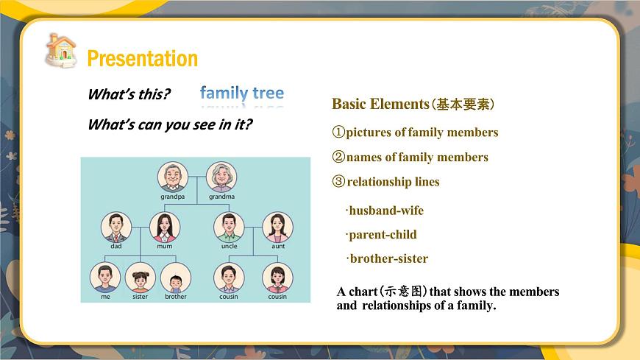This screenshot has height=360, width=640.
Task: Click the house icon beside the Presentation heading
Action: pyautogui.click(x=60, y=50)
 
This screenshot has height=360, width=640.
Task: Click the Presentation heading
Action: pyautogui.click(x=142, y=59)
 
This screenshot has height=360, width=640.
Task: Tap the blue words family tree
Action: pyautogui.click(x=241, y=93)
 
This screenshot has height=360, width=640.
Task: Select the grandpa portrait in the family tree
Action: pyautogui.click(x=173, y=177)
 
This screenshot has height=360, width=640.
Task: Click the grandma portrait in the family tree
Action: pyautogui.click(x=221, y=177)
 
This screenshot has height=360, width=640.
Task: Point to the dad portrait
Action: pyautogui.click(x=116, y=227)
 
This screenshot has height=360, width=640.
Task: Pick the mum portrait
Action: pyautogui.click(x=165, y=227)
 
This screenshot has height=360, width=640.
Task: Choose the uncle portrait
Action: pyautogui.click(x=229, y=227)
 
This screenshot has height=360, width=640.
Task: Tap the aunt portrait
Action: pyautogui.click(x=277, y=227)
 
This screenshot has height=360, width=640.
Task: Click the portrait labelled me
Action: pyautogui.click(x=105, y=277)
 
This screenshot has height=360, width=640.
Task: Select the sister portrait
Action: pyautogui.click(x=140, y=278)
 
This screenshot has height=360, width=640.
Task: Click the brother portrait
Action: pyautogui.click(x=175, y=278)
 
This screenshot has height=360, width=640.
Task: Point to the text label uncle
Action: pyautogui.click(x=229, y=247)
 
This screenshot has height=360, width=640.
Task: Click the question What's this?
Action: pyautogui.click(x=129, y=94)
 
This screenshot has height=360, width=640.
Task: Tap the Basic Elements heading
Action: pyautogui.click(x=380, y=104)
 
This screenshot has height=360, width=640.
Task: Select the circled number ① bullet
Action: pyautogui.click(x=338, y=133)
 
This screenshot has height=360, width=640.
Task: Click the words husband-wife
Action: pyautogui.click(x=385, y=211)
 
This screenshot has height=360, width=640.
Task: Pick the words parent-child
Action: pyautogui.click(x=382, y=235)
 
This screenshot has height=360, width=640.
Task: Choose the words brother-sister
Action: pyautogui.click(x=388, y=258)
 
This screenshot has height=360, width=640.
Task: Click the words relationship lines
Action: pyautogui.click(x=393, y=182)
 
